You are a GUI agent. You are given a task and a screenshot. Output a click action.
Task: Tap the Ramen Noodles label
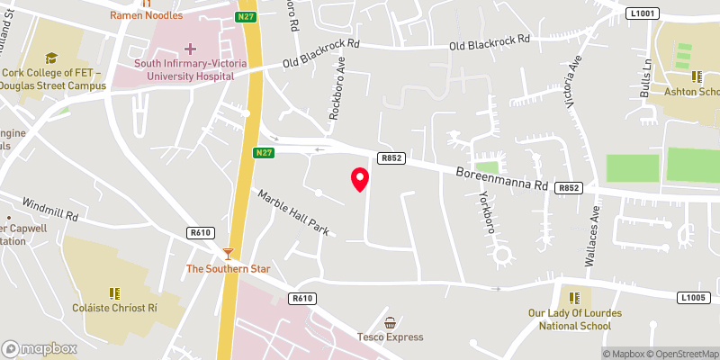146,16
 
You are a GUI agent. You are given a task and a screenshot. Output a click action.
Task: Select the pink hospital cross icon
190,48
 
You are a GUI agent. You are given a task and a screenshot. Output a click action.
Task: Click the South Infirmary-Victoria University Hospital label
184,70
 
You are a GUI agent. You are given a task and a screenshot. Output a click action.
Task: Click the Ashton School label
691,92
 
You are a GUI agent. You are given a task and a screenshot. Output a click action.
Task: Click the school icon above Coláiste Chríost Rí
114,293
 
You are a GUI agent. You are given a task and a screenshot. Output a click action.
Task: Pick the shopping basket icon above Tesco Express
390,322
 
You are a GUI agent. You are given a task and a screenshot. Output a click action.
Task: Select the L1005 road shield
695,297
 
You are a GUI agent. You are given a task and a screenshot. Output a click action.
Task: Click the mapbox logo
40,348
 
